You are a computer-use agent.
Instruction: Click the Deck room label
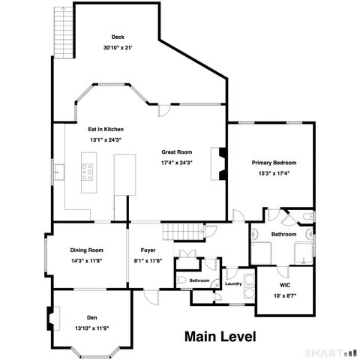118,37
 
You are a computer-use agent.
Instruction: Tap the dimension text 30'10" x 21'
118,47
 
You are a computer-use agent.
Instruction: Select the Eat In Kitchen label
106,129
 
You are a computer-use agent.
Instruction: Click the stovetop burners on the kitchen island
87,172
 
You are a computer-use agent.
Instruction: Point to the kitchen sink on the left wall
59,172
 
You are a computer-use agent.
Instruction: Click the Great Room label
177,152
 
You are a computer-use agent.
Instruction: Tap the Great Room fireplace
219,163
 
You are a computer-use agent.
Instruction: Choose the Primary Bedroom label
274,163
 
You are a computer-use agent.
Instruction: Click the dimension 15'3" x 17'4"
274,173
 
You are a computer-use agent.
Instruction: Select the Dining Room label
86,250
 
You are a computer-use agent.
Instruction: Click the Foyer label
148,250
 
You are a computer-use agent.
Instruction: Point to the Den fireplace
53,318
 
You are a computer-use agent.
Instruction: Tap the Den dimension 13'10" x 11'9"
92,328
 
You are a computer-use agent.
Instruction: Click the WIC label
285,285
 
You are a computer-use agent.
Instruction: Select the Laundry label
233,283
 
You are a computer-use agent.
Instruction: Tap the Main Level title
220,337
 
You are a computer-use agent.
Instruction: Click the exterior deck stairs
64,32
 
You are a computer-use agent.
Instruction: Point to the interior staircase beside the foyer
183,232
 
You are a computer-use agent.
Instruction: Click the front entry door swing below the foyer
151,297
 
